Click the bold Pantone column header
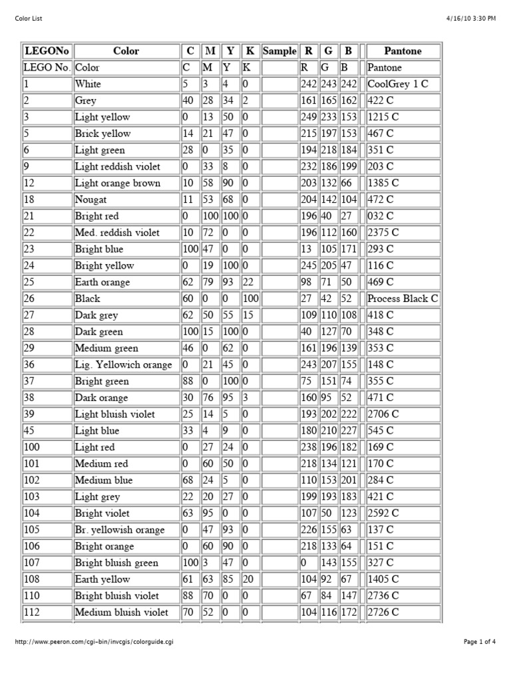pyautogui.click(x=403, y=51)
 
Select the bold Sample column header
pyautogui.click(x=279, y=51)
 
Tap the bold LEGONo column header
pyautogui.click(x=47, y=51)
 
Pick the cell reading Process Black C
pyautogui.click(x=403, y=299)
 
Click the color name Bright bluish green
pyautogui.click(x=116, y=563)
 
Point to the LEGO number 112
pyautogui.click(x=31, y=612)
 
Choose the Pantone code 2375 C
pyautogui.click(x=383, y=233)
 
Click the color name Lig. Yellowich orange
pyautogui.click(x=123, y=364)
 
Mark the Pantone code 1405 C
pyautogui.click(x=383, y=579)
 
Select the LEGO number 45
pyautogui.click(x=29, y=430)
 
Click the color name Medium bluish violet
pyautogui.click(x=122, y=612)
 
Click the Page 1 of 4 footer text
pyautogui.click(x=479, y=642)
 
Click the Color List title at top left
pyautogui.click(x=29, y=19)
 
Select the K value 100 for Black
pyautogui.click(x=251, y=299)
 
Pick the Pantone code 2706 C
pyautogui.click(x=383, y=414)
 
